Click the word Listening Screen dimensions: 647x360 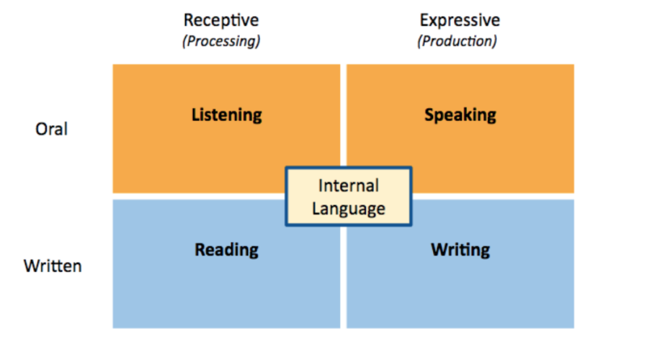(226, 115)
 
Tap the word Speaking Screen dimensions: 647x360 (460, 115)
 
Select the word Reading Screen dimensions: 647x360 (226, 250)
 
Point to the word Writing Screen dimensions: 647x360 (460, 250)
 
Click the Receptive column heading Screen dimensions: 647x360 (221, 19)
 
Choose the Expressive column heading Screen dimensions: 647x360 (460, 19)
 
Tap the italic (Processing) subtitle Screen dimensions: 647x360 (221, 41)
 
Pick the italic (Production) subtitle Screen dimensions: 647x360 (458, 41)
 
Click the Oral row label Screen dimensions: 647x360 (52, 130)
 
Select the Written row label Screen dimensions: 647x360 (53, 266)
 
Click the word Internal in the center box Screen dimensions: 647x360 (349, 186)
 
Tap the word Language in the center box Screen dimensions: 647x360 (349, 209)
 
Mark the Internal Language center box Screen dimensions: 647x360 (349, 197)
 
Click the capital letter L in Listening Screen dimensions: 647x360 (195, 115)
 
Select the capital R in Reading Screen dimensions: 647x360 (200, 250)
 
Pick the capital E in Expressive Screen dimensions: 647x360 (424, 19)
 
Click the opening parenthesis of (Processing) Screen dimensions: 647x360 (184, 41)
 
